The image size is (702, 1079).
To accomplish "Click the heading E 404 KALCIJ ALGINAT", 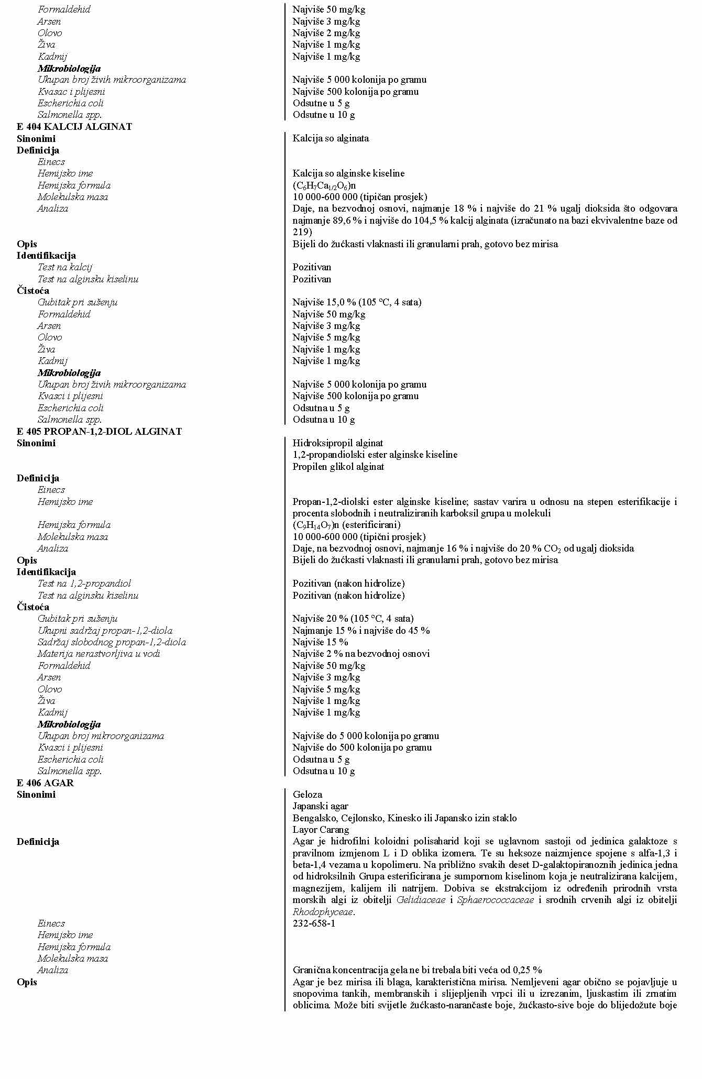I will (74, 127).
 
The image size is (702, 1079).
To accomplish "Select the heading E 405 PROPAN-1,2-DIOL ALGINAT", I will (99, 432).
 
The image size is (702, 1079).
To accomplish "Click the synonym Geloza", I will (308, 795).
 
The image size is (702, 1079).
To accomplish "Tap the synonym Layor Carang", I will (321, 830).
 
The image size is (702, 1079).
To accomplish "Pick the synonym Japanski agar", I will (320, 806).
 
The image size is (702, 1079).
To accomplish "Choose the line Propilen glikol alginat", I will (338, 467).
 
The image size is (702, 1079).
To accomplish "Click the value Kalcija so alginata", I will (331, 138).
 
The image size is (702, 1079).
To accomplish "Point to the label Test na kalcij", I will (64, 267).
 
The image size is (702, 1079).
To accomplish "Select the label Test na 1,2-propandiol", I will (84, 583).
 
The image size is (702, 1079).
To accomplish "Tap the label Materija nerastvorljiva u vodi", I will (98, 654).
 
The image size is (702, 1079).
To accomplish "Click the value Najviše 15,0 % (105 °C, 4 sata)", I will (357, 302).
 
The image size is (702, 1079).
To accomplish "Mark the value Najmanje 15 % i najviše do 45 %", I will (361, 631).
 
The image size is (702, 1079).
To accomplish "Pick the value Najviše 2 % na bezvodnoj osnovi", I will (361, 654).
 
